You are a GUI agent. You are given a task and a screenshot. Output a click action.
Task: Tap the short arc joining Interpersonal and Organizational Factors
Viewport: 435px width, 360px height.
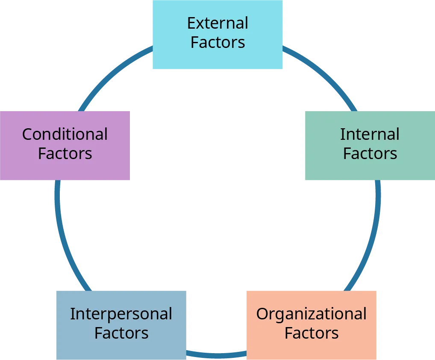coord(217,354)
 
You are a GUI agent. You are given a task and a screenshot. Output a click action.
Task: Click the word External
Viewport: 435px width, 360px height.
coord(217,23)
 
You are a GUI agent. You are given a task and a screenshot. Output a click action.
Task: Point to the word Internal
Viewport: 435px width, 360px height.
coord(370,134)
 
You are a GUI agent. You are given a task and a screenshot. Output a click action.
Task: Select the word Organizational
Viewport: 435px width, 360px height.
coord(312,314)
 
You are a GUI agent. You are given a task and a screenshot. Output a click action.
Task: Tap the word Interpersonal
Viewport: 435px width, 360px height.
coord(121,314)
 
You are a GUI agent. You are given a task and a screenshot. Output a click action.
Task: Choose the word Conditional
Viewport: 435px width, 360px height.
coord(65,134)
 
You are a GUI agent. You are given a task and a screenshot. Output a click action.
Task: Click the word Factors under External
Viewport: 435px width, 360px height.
coord(217,42)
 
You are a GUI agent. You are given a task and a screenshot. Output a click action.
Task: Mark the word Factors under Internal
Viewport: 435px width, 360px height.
coord(370,153)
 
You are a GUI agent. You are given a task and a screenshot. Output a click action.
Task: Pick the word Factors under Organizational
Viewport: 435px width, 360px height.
coord(312,333)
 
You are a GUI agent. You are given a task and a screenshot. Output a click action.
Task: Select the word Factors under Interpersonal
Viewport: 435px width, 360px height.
coord(121,333)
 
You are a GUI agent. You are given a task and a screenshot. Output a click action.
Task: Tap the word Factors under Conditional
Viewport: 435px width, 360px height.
coord(65,153)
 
